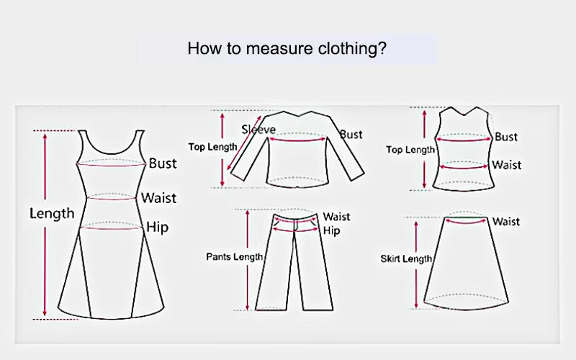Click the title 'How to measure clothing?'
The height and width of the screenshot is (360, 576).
click(287, 49)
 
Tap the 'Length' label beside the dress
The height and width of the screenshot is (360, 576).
click(51, 213)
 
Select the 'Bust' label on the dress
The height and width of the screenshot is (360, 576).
click(163, 163)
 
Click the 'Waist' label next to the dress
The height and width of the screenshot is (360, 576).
click(158, 197)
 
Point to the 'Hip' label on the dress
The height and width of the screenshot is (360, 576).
click(157, 228)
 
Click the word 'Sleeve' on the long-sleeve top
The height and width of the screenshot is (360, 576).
click(258, 130)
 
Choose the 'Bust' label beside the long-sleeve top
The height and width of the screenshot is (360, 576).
click(351, 135)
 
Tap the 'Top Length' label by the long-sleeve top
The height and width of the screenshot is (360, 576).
click(212, 146)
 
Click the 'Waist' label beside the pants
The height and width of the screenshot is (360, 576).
click(336, 217)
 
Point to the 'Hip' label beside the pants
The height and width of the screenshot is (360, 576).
click(331, 230)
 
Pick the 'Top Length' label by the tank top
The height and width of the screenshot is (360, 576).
click(410, 150)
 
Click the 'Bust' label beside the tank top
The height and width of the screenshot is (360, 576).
click(506, 137)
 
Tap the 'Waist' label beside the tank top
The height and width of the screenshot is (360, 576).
click(506, 165)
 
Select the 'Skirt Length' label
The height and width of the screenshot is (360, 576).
click(406, 258)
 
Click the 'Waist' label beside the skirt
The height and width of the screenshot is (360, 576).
click(505, 222)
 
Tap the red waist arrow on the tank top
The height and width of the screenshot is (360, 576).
click(464, 167)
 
